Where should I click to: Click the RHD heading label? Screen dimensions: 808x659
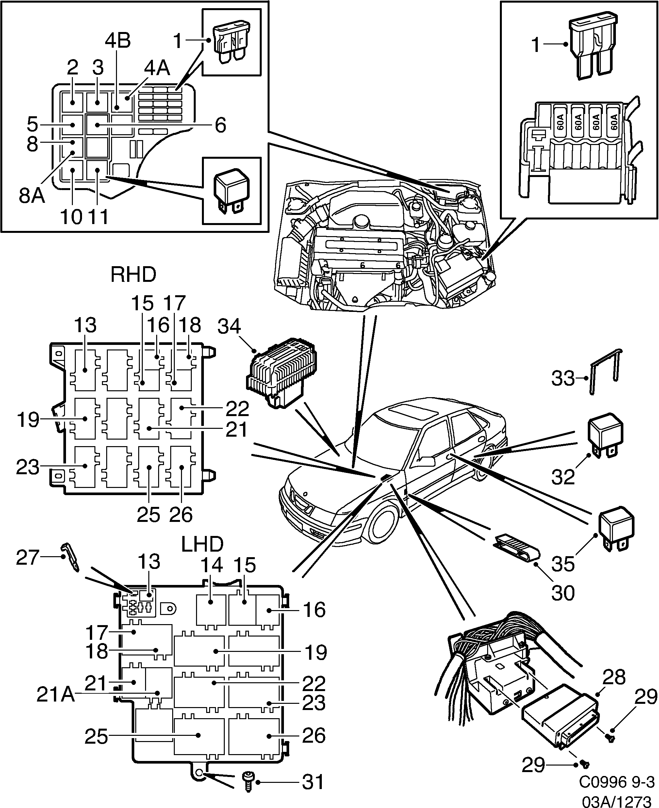coord(133,274)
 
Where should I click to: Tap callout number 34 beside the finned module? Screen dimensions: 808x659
coord(229,326)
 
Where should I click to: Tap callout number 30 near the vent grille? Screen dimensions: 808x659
coord(563,593)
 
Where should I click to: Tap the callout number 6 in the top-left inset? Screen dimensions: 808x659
coord(220,125)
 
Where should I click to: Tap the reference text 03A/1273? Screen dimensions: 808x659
coord(617,800)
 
